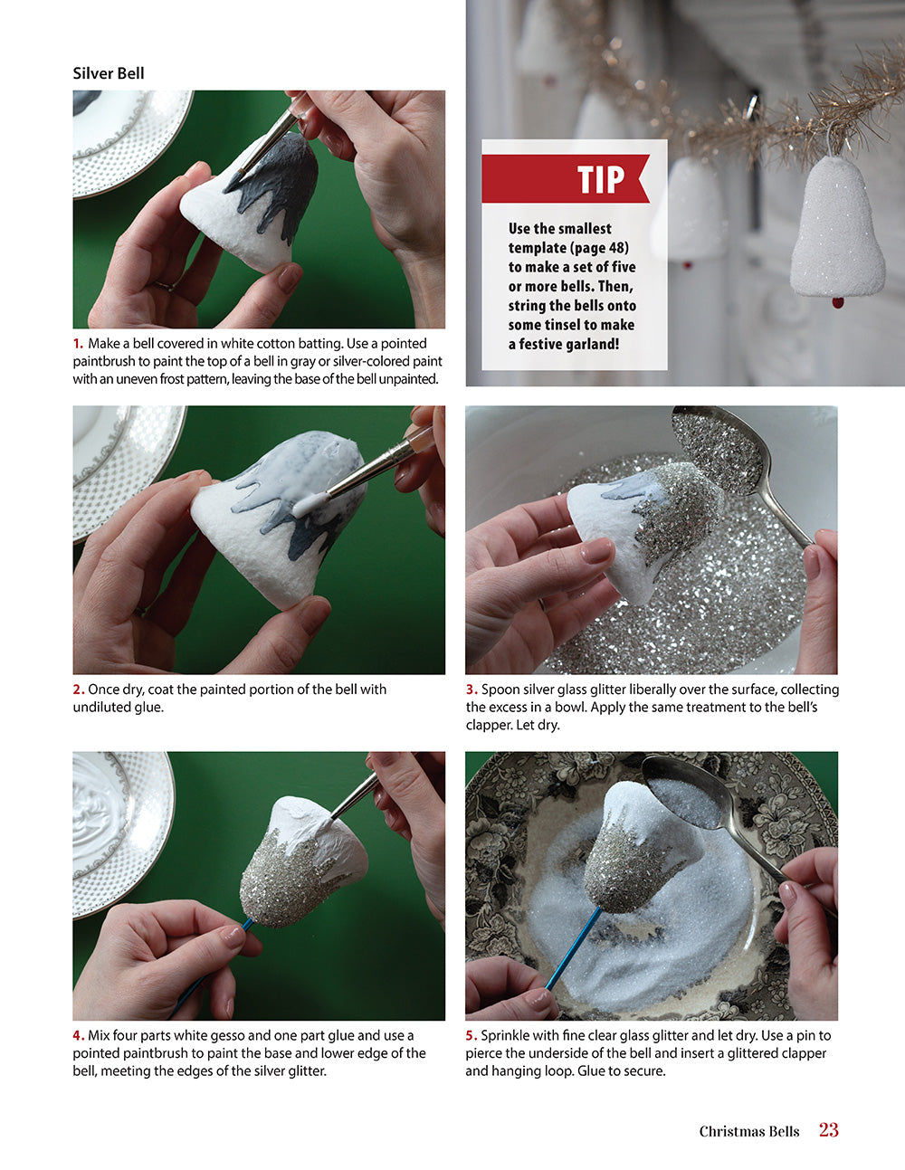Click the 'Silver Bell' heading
click(x=109, y=73)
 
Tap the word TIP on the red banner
click(x=601, y=179)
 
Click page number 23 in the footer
click(x=829, y=1129)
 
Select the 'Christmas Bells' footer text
click(x=748, y=1131)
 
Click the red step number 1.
click(x=78, y=344)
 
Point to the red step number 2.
click(x=79, y=690)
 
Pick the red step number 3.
click(x=472, y=690)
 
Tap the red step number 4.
click(x=79, y=1035)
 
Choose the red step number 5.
click(x=472, y=1035)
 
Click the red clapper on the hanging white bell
click(x=838, y=302)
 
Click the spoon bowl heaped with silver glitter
click(x=718, y=449)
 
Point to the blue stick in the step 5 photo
click(x=574, y=948)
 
